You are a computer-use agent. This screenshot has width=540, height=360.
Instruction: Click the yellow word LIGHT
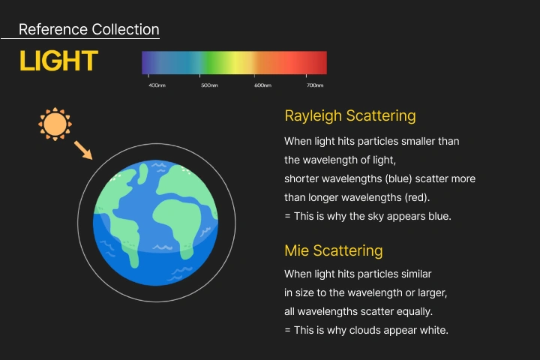coord(59,61)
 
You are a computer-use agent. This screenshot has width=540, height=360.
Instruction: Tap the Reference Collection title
coord(88,29)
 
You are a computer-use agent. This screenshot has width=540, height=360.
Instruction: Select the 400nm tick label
coord(157,85)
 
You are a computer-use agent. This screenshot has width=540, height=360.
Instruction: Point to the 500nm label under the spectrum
coord(209,85)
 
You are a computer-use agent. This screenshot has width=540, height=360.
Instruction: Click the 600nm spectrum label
coord(262,85)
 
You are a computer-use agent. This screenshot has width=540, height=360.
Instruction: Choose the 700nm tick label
coord(315,85)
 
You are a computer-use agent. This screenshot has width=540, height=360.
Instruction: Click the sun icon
coord(55,124)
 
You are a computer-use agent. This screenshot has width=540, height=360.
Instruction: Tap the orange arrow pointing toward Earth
coord(83,150)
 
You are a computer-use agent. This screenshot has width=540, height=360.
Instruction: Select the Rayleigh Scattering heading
coord(350,115)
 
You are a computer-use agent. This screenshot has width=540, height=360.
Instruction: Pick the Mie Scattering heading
coord(333,250)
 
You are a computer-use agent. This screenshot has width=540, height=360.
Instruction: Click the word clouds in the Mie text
coord(364,330)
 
